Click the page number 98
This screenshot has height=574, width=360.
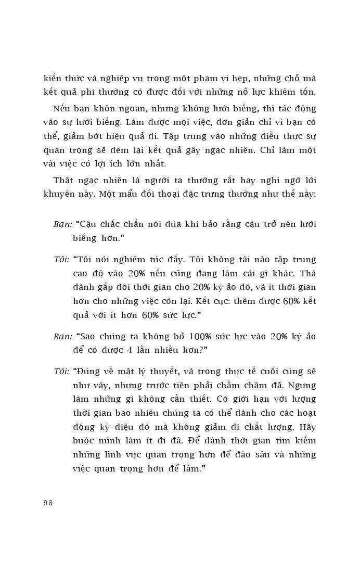click(x=48, y=503)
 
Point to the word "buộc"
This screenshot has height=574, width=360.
click(x=85, y=441)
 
